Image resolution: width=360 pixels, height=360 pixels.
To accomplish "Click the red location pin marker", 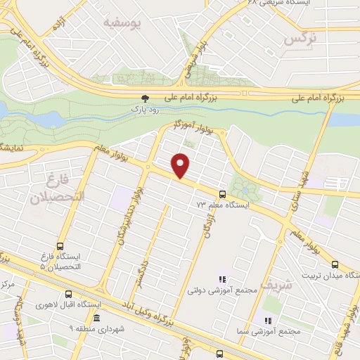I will [x=181, y=165].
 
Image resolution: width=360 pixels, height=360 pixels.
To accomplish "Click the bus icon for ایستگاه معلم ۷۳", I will [x=223, y=194].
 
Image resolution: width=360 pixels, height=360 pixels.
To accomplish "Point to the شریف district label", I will [x=275, y=284].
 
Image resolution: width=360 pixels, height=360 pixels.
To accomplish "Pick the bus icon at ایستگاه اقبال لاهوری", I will [x=68, y=295].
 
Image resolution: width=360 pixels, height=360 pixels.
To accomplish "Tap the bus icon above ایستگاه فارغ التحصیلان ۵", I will [x=60, y=247].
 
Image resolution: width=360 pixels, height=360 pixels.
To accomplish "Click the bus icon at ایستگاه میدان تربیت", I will [x=334, y=264].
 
